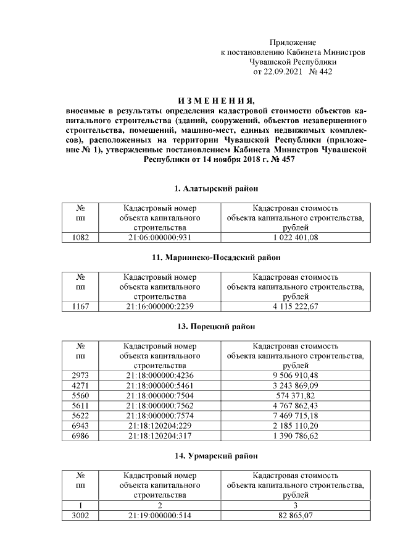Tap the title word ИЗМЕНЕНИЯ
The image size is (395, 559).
pyautogui.click(x=215, y=101)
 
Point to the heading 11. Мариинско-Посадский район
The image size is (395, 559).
pyautogui.click(x=215, y=257)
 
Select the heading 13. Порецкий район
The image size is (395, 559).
pyautogui.click(x=215, y=326)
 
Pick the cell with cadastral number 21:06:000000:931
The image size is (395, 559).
pyautogui.click(x=160, y=237)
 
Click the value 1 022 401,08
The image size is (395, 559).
pyautogui.click(x=294, y=237)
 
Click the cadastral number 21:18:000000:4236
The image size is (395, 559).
pyautogui.click(x=160, y=375)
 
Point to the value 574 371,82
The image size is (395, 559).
pyautogui.click(x=294, y=395)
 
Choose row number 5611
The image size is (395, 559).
pyautogui.click(x=80, y=405)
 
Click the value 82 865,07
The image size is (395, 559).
pyautogui.click(x=294, y=515)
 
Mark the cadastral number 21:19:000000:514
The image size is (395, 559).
pyautogui.click(x=160, y=515)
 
